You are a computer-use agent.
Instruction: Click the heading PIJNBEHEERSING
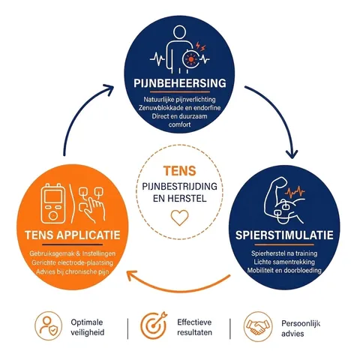[x=180, y=83]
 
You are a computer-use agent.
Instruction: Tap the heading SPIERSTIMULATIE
[x=284, y=235]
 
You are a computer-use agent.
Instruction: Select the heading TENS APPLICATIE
[x=73, y=235]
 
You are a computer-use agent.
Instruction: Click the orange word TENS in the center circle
[x=180, y=171]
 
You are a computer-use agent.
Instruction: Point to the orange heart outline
[x=180, y=217]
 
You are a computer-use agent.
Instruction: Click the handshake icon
[x=258, y=326]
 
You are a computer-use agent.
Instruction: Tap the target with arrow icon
[x=153, y=325]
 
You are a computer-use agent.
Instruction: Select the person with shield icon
[x=48, y=325]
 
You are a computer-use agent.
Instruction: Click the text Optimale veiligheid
[x=87, y=327]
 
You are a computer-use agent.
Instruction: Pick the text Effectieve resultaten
[x=194, y=327]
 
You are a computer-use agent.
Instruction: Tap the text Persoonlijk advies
[x=301, y=328]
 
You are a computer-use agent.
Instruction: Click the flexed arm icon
[x=285, y=201]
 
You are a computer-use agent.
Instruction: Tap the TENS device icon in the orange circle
[x=53, y=203]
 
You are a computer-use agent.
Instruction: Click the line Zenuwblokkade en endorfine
[x=180, y=108]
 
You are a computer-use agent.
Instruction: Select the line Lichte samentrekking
[x=284, y=262]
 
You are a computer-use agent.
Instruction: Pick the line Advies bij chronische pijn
[x=73, y=271]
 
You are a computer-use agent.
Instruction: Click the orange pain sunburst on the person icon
[x=191, y=59]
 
